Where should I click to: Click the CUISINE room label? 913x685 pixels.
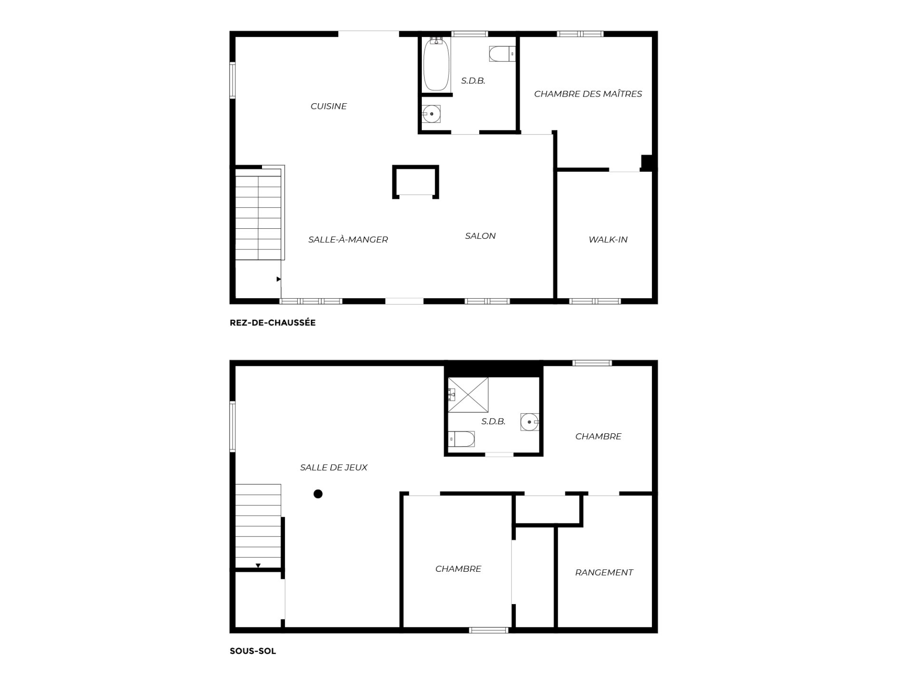click(x=329, y=106)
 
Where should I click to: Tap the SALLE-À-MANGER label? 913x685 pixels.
click(x=348, y=240)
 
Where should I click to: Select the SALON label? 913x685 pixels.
click(x=480, y=236)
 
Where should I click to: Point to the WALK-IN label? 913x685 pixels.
click(x=608, y=240)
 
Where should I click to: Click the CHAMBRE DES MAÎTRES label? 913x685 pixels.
click(x=588, y=94)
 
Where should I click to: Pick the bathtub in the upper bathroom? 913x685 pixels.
click(x=437, y=64)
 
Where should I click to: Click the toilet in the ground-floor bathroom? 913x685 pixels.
click(x=502, y=54)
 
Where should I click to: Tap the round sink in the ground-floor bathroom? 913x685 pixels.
click(x=431, y=114)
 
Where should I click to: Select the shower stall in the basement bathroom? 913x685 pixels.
click(x=468, y=395)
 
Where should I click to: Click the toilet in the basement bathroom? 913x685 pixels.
click(x=462, y=439)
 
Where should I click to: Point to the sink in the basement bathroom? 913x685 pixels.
click(x=529, y=422)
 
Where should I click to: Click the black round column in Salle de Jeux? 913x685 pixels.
click(x=318, y=494)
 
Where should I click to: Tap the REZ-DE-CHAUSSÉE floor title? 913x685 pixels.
click(x=272, y=323)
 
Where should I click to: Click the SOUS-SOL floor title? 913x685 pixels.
click(x=253, y=651)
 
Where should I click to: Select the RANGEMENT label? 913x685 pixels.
click(x=604, y=573)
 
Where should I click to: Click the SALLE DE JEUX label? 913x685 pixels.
click(x=334, y=468)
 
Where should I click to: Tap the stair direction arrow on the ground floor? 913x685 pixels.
click(x=279, y=279)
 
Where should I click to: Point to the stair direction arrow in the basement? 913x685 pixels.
click(x=258, y=566)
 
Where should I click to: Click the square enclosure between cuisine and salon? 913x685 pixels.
click(x=415, y=181)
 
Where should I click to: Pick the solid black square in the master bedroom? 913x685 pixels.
click(x=647, y=162)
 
